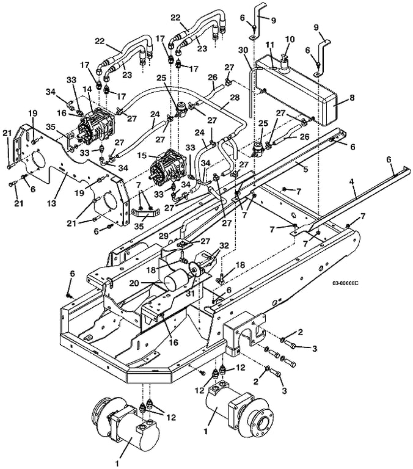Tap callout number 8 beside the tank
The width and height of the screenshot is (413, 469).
(x=352, y=98)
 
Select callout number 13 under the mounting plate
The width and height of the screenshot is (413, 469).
(x=52, y=203)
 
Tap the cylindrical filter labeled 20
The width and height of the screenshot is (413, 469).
(x=177, y=280)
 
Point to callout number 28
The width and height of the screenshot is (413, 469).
(x=235, y=97)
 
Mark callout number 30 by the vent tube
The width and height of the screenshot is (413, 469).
(x=243, y=50)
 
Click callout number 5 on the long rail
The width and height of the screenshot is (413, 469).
(x=305, y=169)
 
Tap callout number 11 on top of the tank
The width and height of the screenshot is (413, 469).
(x=270, y=45)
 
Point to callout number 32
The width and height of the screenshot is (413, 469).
(x=224, y=246)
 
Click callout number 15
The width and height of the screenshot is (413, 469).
(x=143, y=156)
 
